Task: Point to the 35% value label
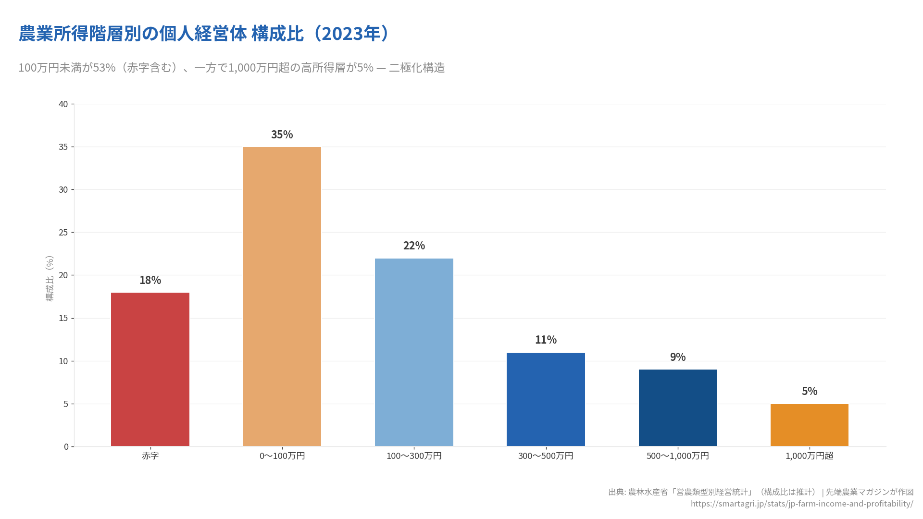(282, 135)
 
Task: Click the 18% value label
(150, 280)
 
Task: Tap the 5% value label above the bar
(809, 391)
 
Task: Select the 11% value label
(546, 340)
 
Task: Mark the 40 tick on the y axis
(63, 104)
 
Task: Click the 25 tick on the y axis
(63, 233)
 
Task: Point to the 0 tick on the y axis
(66, 447)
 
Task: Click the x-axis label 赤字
(150, 456)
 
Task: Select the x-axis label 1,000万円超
(809, 456)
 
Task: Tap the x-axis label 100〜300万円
(414, 456)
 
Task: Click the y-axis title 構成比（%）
(50, 278)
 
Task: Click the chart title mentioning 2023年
(204, 34)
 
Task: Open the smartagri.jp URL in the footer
(801, 504)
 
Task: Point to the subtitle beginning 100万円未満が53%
(231, 68)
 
